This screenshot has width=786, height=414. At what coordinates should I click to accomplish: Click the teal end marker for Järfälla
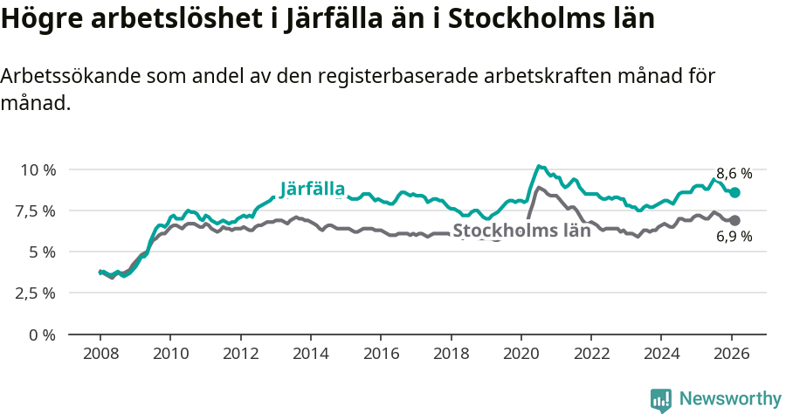pos(734,192)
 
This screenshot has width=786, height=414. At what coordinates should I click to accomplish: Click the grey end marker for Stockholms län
pos(734,221)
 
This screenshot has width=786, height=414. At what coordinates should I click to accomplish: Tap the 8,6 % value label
pos(734,173)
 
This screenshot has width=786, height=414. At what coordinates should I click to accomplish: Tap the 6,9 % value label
pos(734,238)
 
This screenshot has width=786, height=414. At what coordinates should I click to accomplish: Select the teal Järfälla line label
pos(313,189)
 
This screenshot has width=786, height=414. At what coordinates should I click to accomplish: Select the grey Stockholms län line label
pos(521,231)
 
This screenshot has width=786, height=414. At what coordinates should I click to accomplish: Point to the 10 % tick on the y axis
pos(38,169)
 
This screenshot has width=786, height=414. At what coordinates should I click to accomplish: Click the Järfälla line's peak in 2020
pos(539,166)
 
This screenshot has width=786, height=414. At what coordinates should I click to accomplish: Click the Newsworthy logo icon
pos(661,400)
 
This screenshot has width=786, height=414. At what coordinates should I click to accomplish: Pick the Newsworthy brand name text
pos(730,399)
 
